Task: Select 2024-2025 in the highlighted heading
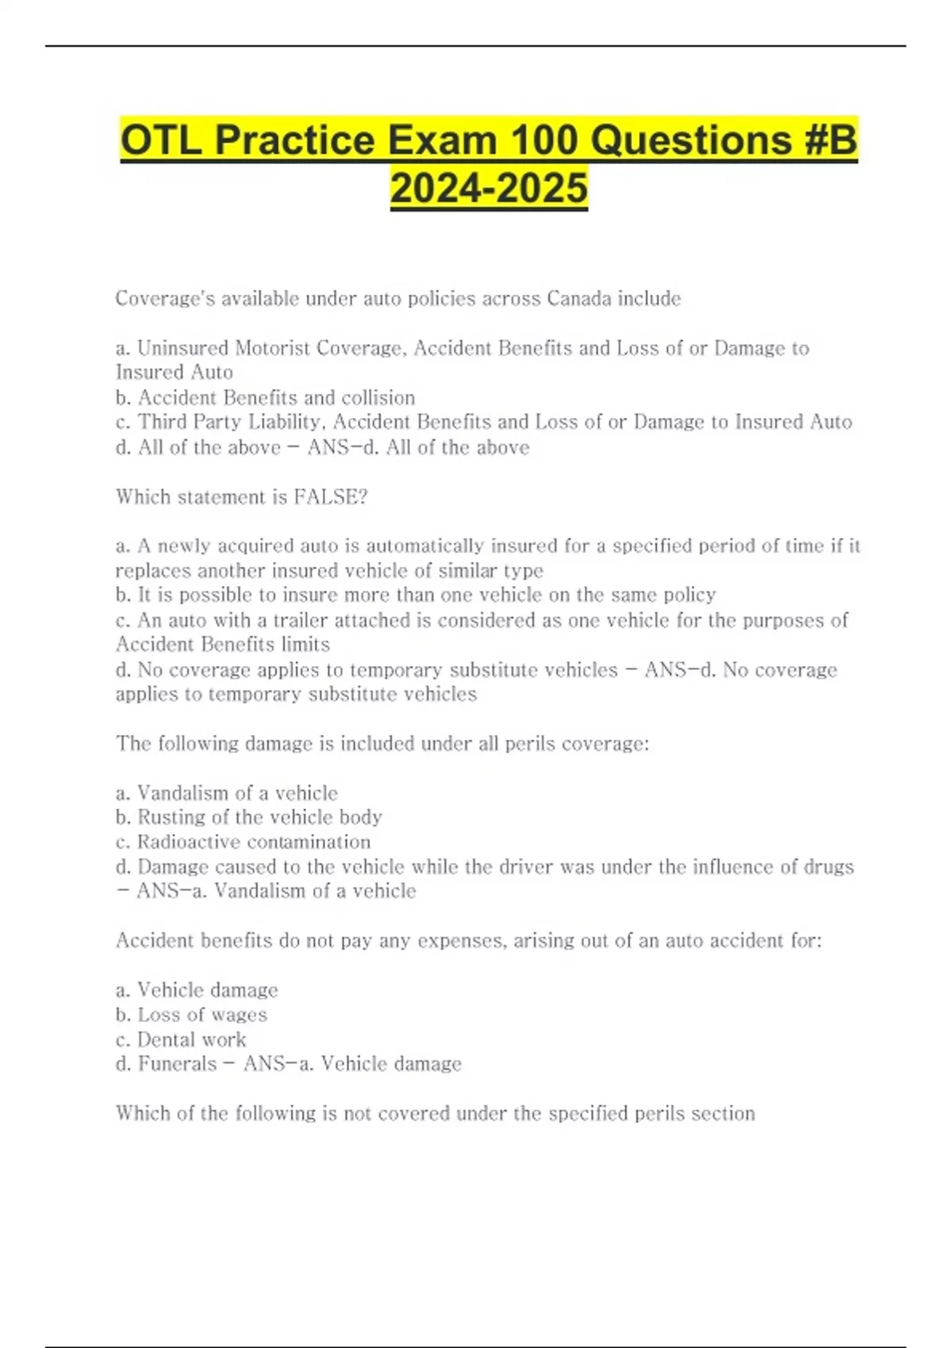489,189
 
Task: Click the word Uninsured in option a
183,348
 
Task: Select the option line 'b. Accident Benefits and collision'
265,397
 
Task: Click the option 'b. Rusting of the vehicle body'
248,817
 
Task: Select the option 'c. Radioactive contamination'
243,841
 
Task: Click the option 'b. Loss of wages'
191,1014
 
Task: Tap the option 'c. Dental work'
181,1039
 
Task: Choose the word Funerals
177,1063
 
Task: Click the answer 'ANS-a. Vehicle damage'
352,1063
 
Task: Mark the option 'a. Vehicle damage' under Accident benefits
197,990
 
